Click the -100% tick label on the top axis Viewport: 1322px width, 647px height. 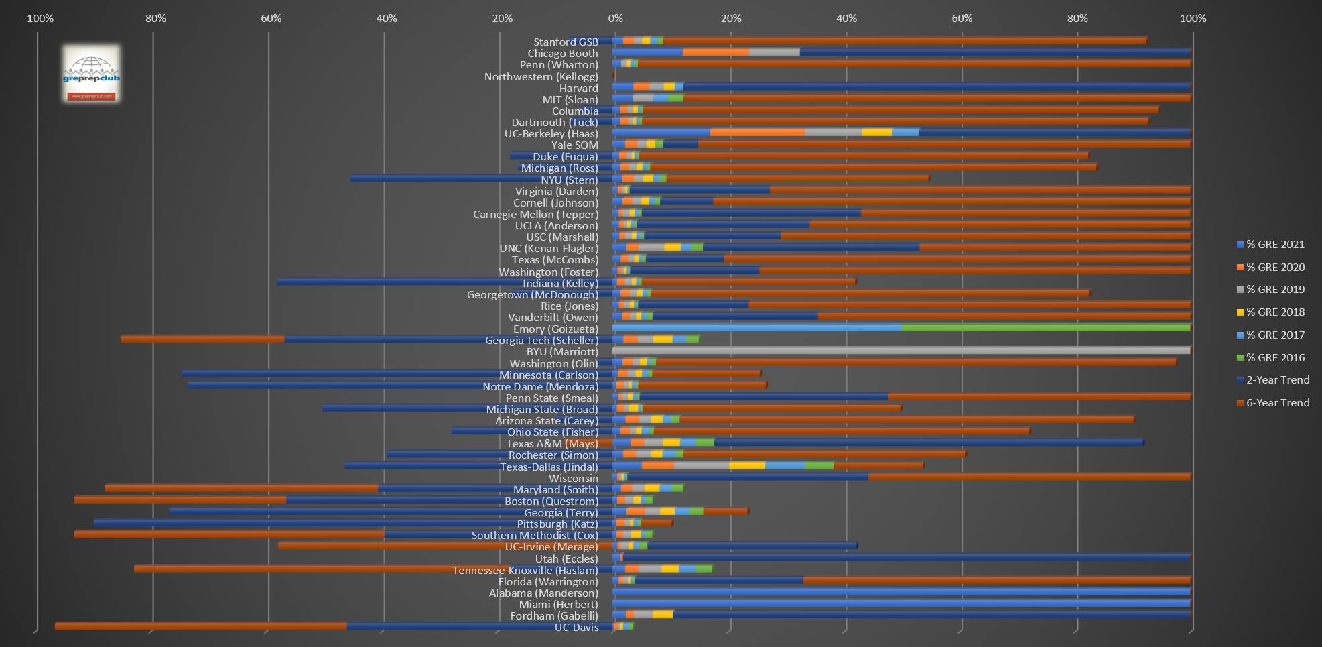[38, 18]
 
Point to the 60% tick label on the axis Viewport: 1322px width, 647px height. [962, 18]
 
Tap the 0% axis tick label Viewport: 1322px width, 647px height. [615, 18]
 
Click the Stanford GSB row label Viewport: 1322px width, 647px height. [566, 42]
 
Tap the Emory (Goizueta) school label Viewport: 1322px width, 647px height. [555, 329]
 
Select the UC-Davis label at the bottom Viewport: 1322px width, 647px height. [576, 628]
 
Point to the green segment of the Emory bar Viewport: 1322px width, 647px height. [1045, 328]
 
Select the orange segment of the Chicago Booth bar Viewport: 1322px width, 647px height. [716, 52]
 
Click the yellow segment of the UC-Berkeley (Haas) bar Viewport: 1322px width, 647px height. [876, 133]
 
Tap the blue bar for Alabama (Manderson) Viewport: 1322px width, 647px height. [901, 592]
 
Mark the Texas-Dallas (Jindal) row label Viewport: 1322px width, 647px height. [549, 467]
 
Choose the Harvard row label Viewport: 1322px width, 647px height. [578, 88]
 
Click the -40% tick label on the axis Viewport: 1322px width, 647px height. [385, 18]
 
